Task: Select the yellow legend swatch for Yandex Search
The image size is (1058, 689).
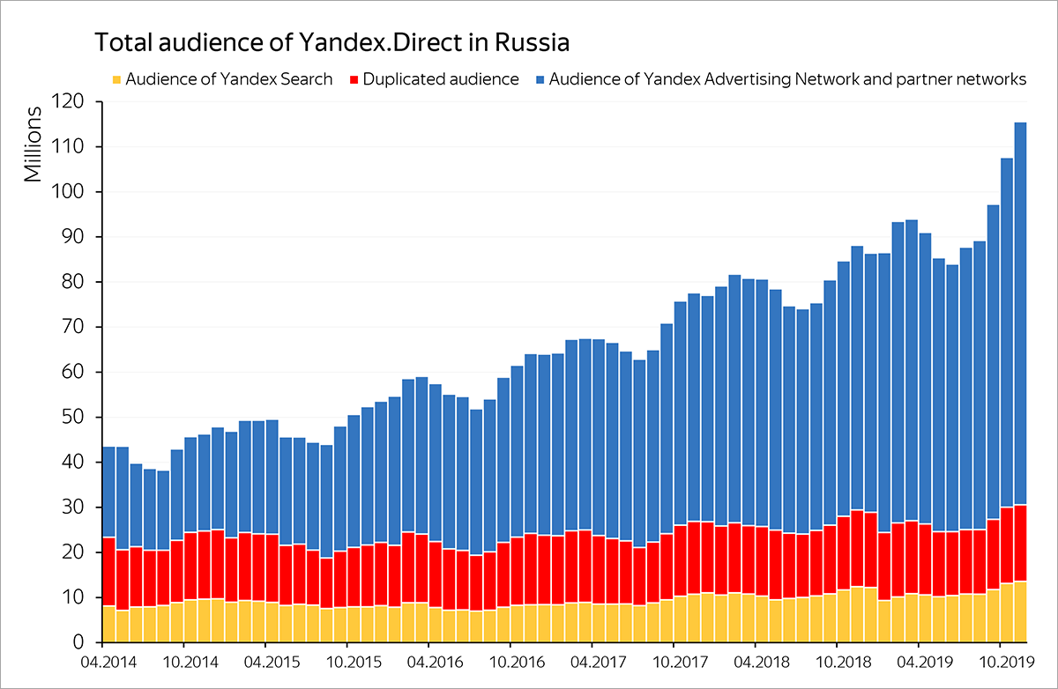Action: pos(116,79)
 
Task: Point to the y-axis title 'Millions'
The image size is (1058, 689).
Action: pos(33,145)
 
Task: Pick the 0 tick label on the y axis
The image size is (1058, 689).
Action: pos(78,642)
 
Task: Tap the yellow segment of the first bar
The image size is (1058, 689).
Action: pos(108,624)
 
